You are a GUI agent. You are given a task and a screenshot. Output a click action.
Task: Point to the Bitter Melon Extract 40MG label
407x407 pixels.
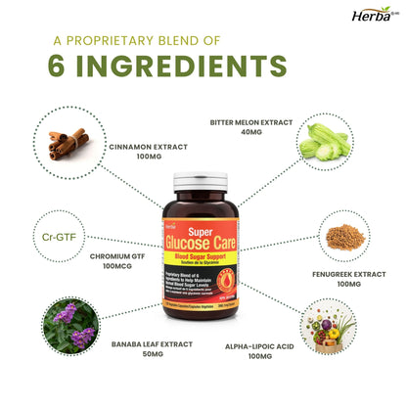[250, 128]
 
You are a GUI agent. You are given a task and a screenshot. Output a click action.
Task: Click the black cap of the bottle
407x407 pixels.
[203, 182]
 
